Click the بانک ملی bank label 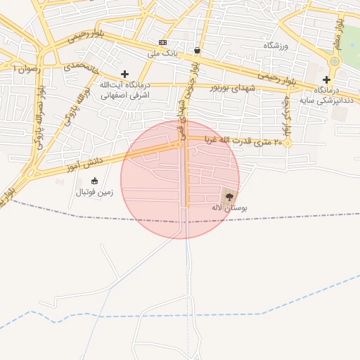coord(162,53)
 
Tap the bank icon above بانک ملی coord(163,42)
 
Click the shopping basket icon coord(197,51)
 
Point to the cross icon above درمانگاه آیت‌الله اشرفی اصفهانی coord(125,74)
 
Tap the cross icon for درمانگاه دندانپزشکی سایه coord(326,79)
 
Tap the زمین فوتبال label coord(94,192)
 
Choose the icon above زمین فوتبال coord(94,181)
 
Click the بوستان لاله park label coord(229,208)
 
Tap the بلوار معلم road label coord(338,33)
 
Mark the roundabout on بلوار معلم coord(335,62)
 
